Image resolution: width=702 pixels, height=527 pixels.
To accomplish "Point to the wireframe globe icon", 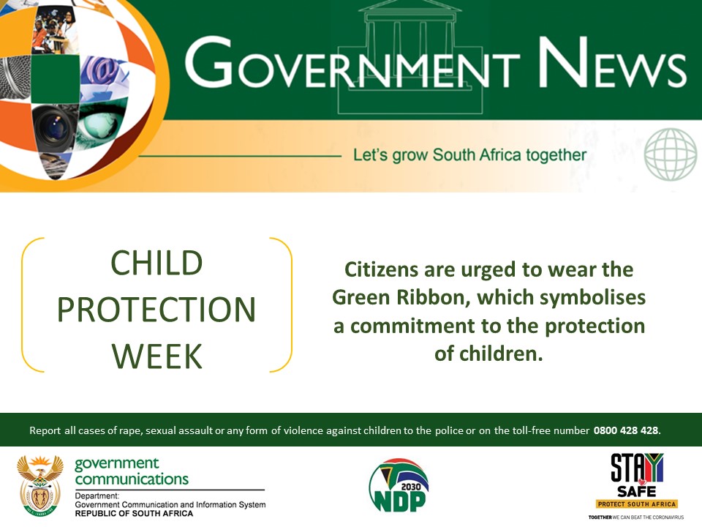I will click(x=671, y=155).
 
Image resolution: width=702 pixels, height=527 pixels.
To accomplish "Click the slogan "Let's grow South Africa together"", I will click(x=469, y=155).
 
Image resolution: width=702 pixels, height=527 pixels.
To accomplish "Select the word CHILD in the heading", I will click(x=156, y=263).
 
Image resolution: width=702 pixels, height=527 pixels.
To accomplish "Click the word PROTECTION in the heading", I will click(x=156, y=310).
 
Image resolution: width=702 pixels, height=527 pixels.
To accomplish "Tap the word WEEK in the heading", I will click(x=156, y=356).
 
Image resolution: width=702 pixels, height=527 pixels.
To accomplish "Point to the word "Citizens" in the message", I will click(x=381, y=270).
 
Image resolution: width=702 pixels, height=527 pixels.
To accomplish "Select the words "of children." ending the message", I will click(x=488, y=354).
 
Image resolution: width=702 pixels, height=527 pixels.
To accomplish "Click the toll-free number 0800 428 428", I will click(x=627, y=430).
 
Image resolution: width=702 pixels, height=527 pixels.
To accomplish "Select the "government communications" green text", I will click(x=132, y=472).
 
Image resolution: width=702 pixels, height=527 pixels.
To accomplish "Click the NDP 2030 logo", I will click(x=398, y=485).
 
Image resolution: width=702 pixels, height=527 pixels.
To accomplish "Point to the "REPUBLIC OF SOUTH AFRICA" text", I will click(x=134, y=514).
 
